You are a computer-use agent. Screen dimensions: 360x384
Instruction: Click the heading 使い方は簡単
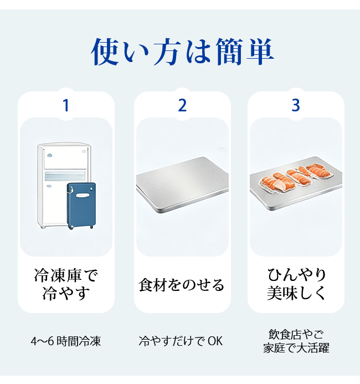[x=182, y=52]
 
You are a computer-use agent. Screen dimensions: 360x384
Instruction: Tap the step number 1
[x=65, y=105]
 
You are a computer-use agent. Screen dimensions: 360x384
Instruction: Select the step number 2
[x=182, y=105]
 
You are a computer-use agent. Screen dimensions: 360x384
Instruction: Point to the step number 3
[x=296, y=105]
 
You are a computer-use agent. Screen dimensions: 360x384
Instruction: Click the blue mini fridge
[x=81, y=206]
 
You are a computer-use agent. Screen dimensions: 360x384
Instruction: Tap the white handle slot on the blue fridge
[x=83, y=195]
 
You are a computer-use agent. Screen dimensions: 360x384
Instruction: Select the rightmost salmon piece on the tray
[x=320, y=171]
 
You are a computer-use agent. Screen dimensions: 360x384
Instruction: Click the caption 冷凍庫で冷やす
[x=65, y=284]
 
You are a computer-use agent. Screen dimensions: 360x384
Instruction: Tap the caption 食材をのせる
[x=181, y=285]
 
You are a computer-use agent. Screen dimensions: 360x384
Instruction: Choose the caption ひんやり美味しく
[x=296, y=284]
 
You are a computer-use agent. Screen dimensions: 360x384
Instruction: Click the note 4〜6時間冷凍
[x=65, y=341]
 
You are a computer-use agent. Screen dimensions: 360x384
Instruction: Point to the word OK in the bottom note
[x=215, y=341]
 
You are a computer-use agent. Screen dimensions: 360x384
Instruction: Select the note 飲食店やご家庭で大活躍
[x=296, y=341]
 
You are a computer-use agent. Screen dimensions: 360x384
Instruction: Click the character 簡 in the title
[x=229, y=52]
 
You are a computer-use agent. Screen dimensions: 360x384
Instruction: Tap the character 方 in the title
[x=167, y=52]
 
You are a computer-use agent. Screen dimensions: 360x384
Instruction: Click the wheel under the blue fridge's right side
[x=91, y=227]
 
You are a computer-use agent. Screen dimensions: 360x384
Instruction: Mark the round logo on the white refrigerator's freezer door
[x=50, y=155]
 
